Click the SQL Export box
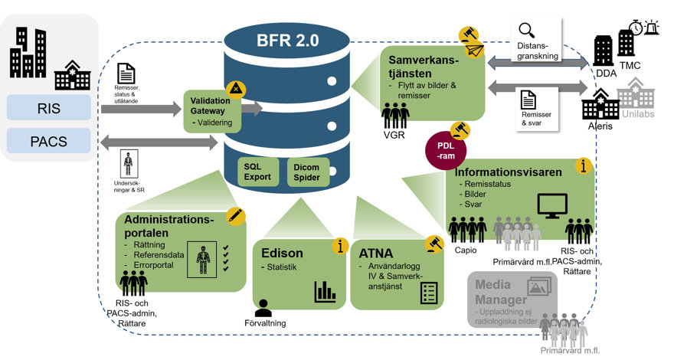point(258,171)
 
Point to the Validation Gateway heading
point(208,104)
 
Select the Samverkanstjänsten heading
point(433,66)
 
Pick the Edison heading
point(283,253)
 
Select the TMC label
point(631,66)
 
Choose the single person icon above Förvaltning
point(263,307)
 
